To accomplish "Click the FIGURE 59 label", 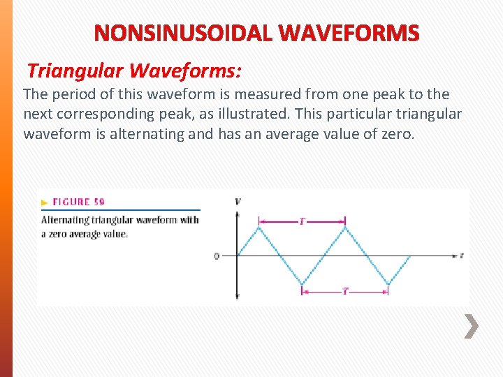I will [78, 202].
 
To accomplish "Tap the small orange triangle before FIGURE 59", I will [45, 202].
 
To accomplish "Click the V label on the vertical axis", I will [238, 202].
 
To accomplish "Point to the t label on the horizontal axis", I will [462, 256].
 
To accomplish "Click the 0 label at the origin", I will [217, 256].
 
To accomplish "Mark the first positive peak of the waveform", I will [259, 227].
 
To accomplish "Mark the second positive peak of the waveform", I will [345, 227].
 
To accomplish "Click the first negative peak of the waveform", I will [302, 284].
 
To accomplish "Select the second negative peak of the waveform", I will [388, 284].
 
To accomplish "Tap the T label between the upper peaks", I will [302, 221].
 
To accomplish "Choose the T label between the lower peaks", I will [345, 291].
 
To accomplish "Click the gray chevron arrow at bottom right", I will [472, 325].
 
